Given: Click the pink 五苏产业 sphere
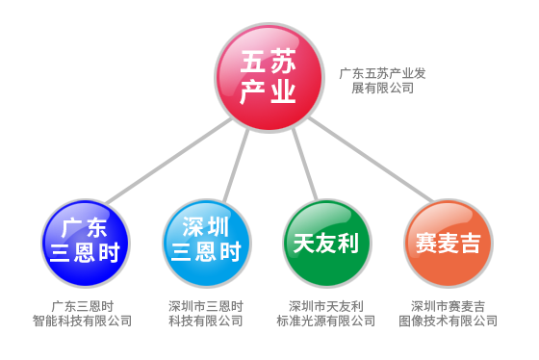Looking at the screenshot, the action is pos(267,78).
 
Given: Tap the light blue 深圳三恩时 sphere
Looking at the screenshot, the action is pos(205,241).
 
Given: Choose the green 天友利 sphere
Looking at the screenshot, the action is pos(325,243).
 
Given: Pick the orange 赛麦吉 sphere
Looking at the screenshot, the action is pos(448,243).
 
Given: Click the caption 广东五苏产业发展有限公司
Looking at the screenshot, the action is pos(382,80).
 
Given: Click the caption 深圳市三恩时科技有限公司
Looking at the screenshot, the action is pos(205,314).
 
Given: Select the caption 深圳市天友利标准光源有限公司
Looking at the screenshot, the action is pos(325,314).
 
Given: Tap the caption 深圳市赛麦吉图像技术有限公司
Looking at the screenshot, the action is pos(448,314).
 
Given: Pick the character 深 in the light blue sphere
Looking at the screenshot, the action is pos(192,228).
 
